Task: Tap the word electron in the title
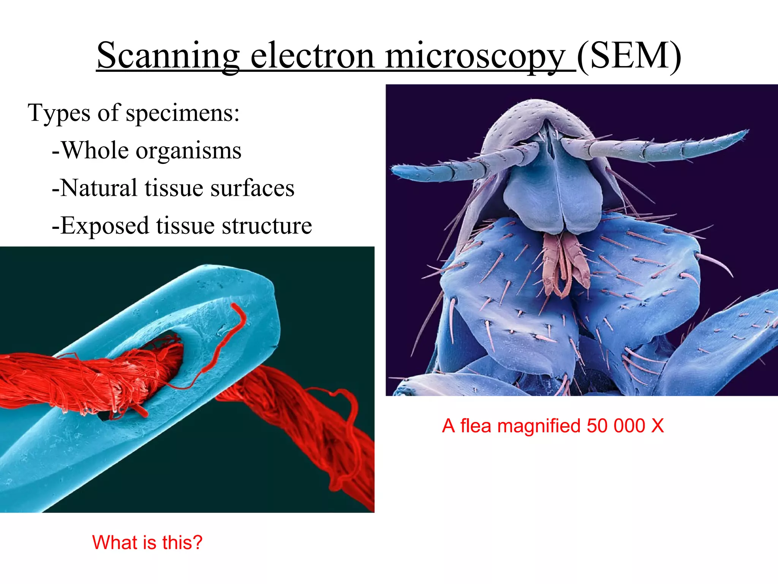pos(312,56)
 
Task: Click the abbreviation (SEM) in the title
pos(629,56)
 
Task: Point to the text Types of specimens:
pos(134,113)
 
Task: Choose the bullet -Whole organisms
pos(146,151)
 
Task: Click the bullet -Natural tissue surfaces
pos(173,188)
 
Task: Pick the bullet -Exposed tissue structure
pos(182,225)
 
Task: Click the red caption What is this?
pos(147,542)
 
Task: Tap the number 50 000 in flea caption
pos(615,426)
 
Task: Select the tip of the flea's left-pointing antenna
pos(395,170)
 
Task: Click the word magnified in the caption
pos(539,426)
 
